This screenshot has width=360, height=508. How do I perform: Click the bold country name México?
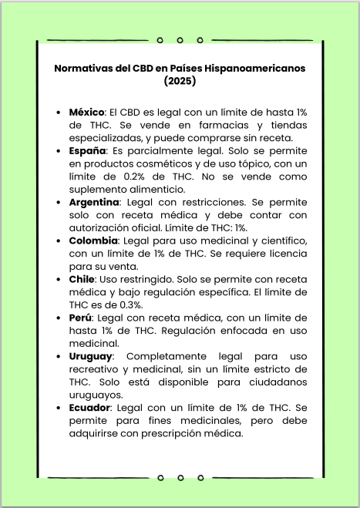[x=86, y=112]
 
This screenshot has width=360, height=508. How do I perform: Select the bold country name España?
[x=86, y=151]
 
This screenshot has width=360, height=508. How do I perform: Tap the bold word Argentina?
[x=93, y=201]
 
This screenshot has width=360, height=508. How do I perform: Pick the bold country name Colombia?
[x=92, y=241]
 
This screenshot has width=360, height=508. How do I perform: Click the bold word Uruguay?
[x=90, y=356]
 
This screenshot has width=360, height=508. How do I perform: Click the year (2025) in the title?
[x=180, y=79]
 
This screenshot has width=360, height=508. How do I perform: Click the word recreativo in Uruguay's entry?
[x=96, y=369]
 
